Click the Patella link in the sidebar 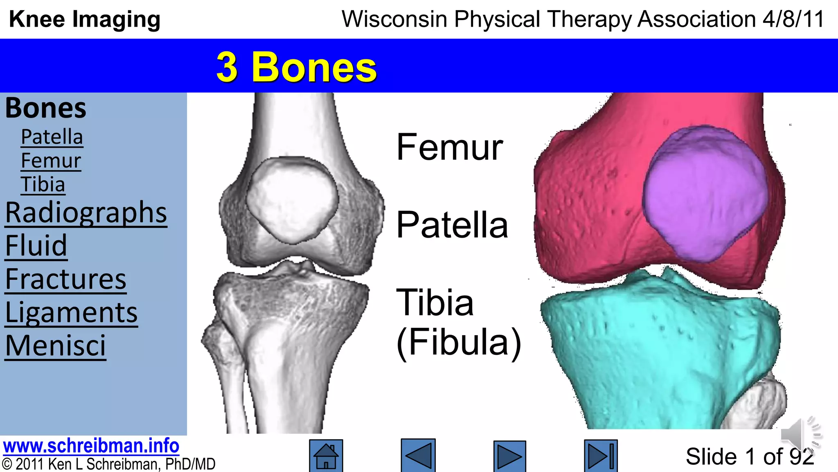click(52, 137)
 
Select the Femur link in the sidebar click(51, 161)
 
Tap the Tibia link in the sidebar click(43, 184)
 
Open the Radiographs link click(86, 213)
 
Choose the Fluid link click(36, 246)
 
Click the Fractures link click(65, 279)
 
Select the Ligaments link click(71, 313)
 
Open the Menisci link click(55, 346)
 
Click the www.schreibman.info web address click(91, 446)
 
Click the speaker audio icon click(800, 434)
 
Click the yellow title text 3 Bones click(296, 67)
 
